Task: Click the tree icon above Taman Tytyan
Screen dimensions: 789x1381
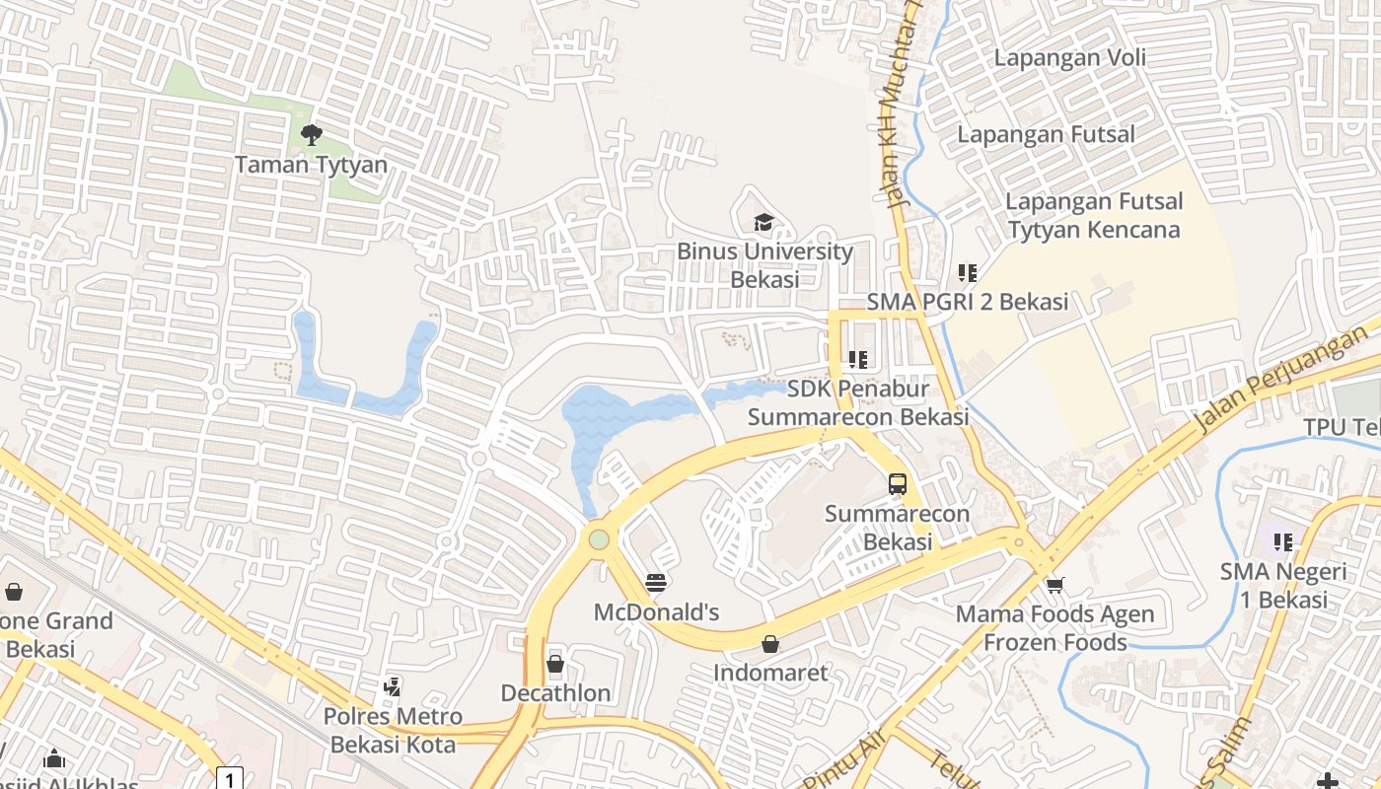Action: [x=312, y=135]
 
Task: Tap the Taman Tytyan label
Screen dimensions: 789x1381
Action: [x=311, y=165]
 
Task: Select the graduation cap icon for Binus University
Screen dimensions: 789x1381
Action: [x=763, y=222]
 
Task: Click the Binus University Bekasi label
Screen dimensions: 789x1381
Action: [x=764, y=265]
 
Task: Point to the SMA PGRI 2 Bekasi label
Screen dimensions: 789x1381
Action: [x=967, y=302]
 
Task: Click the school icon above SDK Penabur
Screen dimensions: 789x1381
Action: [x=857, y=360]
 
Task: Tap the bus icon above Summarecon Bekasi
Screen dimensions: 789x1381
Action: [x=897, y=484]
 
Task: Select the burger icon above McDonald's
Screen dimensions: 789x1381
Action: [x=656, y=583]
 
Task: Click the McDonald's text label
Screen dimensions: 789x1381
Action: [x=656, y=612]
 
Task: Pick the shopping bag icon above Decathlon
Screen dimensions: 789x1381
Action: [x=555, y=664]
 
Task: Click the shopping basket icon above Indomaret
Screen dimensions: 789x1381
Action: [x=770, y=644]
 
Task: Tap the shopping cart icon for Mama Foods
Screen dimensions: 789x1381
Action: [x=1054, y=585]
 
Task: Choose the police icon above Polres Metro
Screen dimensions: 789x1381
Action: [x=393, y=686]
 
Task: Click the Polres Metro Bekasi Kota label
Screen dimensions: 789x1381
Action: [x=393, y=730]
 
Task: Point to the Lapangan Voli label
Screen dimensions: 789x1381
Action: [x=1069, y=57]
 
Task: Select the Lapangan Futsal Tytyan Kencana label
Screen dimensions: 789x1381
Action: [x=1093, y=216]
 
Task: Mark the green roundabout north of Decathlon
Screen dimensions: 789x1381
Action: [x=599, y=539]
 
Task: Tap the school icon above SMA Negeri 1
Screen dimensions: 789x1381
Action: [x=1282, y=541]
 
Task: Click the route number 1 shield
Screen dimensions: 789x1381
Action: [x=229, y=779]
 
